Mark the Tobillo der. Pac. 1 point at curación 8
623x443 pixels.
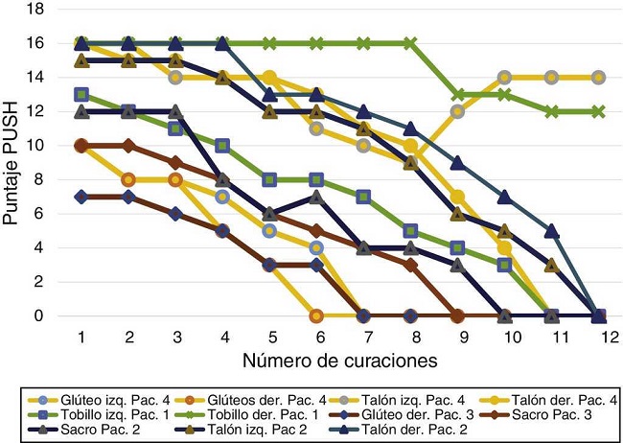point(410,43)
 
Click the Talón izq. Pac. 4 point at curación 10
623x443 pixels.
point(505,77)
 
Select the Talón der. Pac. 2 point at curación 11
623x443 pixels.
point(552,230)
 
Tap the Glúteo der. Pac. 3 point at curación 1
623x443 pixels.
point(81,197)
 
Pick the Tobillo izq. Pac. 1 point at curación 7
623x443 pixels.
point(363,197)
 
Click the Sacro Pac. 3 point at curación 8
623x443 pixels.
point(410,265)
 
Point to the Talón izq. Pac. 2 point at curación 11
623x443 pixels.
point(552,265)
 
